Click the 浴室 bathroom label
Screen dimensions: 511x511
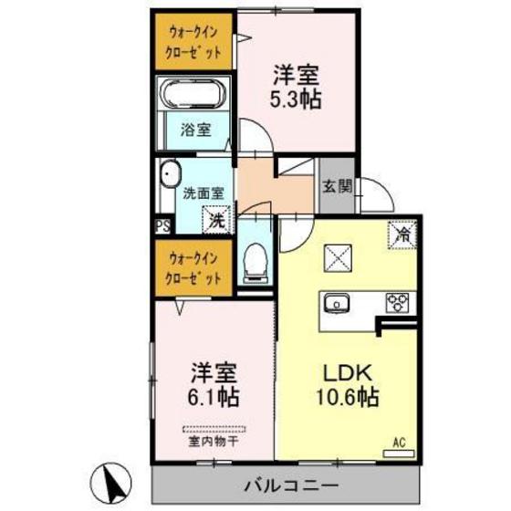pos(196,130)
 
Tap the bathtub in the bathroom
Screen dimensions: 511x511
pos(194,93)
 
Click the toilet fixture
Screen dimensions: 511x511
pos(255,261)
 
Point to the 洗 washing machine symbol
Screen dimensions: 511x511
pos(216,220)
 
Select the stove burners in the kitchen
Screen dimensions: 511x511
pos(398,302)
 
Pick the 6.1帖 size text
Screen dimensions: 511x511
pos(214,397)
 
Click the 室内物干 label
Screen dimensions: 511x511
pos(214,442)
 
